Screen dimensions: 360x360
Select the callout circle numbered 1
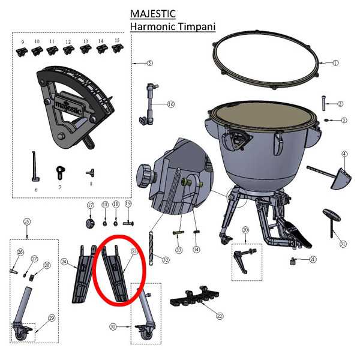(335, 62)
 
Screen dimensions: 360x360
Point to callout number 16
(170, 104)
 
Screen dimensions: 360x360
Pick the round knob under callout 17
(91, 223)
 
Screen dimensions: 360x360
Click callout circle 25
(26, 222)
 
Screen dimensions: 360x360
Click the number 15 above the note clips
(116, 40)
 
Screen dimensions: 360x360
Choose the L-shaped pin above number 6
(34, 167)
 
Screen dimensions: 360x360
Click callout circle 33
(178, 250)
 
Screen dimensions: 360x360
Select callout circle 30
(112, 327)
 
